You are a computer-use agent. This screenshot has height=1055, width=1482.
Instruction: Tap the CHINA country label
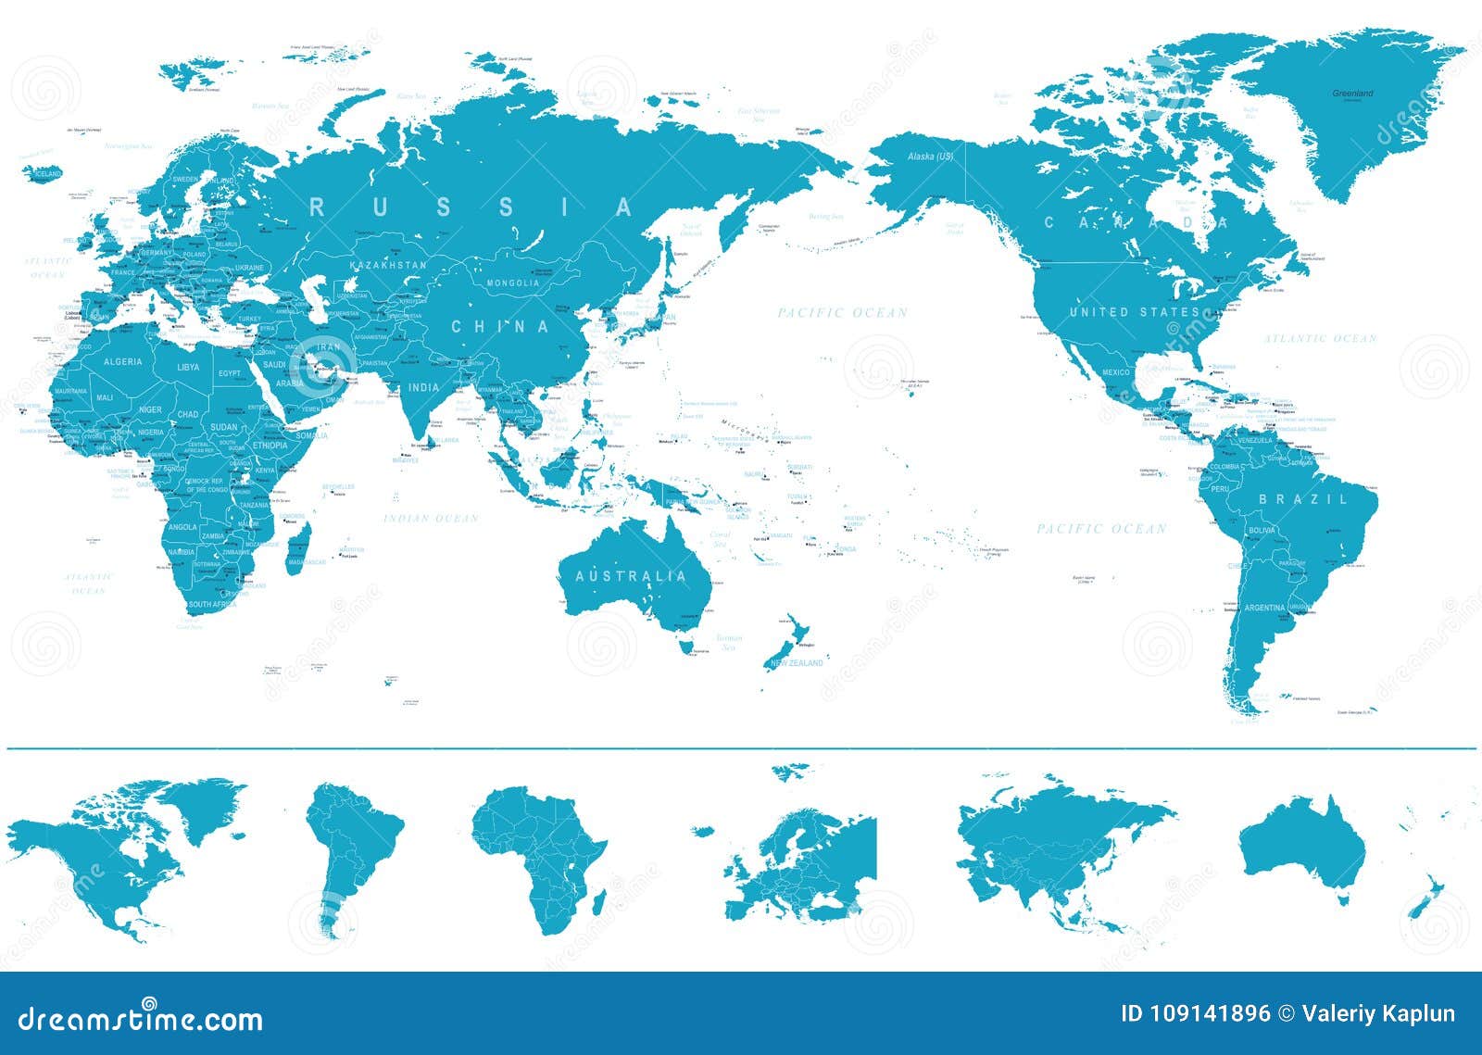click(500, 326)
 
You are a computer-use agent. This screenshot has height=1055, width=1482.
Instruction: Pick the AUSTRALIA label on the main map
click(632, 576)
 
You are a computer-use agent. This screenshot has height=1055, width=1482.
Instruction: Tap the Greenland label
click(1352, 94)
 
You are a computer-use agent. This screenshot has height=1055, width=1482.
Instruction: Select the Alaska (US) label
click(931, 157)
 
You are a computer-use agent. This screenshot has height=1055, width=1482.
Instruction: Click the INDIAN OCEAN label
click(431, 518)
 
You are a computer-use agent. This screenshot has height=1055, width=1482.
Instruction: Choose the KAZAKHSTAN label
click(388, 265)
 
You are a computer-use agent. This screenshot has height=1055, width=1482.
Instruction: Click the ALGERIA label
click(122, 361)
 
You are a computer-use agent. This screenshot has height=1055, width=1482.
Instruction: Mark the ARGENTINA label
click(1264, 608)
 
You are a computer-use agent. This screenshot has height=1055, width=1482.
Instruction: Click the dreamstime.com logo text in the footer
click(141, 1020)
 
